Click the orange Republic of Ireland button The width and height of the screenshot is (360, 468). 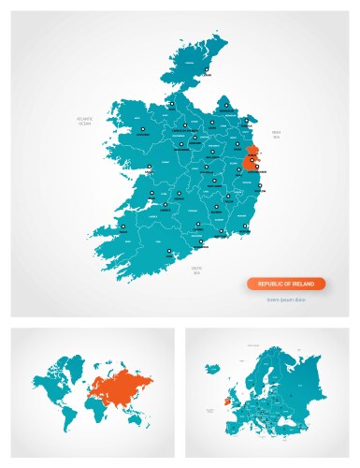pyautogui.click(x=286, y=284)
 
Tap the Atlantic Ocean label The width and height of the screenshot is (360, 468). pyautogui.click(x=86, y=122)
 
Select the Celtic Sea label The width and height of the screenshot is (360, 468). pyautogui.click(x=197, y=270)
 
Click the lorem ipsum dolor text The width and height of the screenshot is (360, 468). pyautogui.click(x=286, y=300)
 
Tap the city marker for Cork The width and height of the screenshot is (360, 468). pyautogui.click(x=168, y=250)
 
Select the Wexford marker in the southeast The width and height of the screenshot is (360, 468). pyautogui.click(x=245, y=226)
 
